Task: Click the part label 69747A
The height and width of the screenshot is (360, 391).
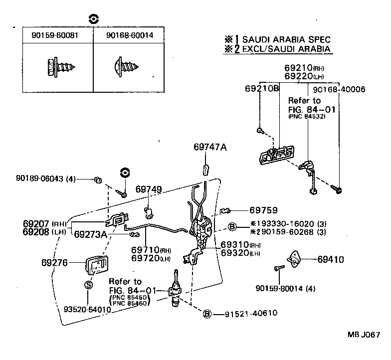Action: click(210, 147)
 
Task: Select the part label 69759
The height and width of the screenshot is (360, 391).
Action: click(263, 210)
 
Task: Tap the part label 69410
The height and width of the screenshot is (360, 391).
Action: click(331, 259)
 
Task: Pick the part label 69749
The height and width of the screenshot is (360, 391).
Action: click(149, 189)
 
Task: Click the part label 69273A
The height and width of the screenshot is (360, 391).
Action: click(90, 234)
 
